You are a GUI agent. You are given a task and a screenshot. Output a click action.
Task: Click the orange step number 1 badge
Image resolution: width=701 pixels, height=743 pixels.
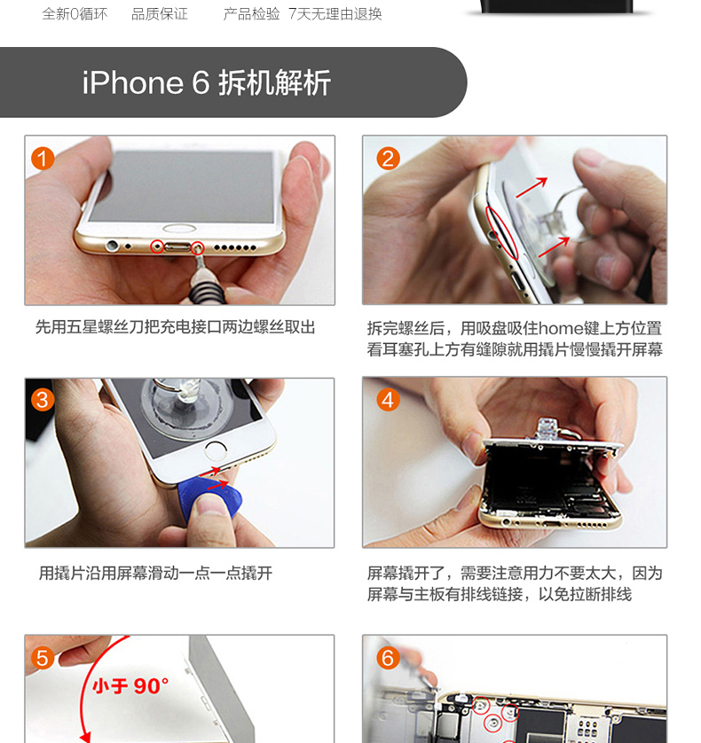(43, 159)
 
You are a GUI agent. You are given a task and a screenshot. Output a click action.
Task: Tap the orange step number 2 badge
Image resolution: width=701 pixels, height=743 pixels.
(388, 159)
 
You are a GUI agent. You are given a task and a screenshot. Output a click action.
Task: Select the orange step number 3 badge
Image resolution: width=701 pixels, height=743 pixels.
(43, 400)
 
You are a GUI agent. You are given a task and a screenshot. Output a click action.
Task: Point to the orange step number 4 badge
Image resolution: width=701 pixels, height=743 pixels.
(388, 400)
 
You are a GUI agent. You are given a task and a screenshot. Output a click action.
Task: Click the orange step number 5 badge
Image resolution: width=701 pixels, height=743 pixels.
(43, 658)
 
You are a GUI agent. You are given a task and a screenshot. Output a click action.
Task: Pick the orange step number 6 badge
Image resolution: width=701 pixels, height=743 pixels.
(388, 658)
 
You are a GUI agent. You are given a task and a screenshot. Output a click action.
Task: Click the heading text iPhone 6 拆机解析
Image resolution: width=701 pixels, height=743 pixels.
(207, 83)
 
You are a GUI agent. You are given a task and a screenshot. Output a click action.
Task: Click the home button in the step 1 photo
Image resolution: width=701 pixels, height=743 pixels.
(179, 229)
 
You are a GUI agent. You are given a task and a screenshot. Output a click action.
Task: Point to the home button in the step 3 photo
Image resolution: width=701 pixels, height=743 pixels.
(216, 450)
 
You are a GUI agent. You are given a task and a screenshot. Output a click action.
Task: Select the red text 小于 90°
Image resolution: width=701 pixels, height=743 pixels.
(130, 685)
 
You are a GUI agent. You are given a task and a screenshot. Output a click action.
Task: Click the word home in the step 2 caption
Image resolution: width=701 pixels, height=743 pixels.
(561, 328)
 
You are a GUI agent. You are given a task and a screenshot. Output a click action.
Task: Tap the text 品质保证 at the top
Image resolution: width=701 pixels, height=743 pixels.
(160, 13)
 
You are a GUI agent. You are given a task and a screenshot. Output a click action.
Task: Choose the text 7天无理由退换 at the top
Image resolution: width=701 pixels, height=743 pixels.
(335, 13)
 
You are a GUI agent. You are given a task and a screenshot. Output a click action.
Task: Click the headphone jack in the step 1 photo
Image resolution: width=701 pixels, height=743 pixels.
(113, 246)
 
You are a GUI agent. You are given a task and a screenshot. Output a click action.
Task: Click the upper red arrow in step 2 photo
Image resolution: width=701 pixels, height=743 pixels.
(532, 187)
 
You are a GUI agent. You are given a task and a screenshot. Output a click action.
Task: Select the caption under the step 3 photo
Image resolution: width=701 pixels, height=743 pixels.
(155, 573)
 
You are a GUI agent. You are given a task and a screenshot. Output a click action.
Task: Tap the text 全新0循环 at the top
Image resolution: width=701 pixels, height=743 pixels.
(75, 13)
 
